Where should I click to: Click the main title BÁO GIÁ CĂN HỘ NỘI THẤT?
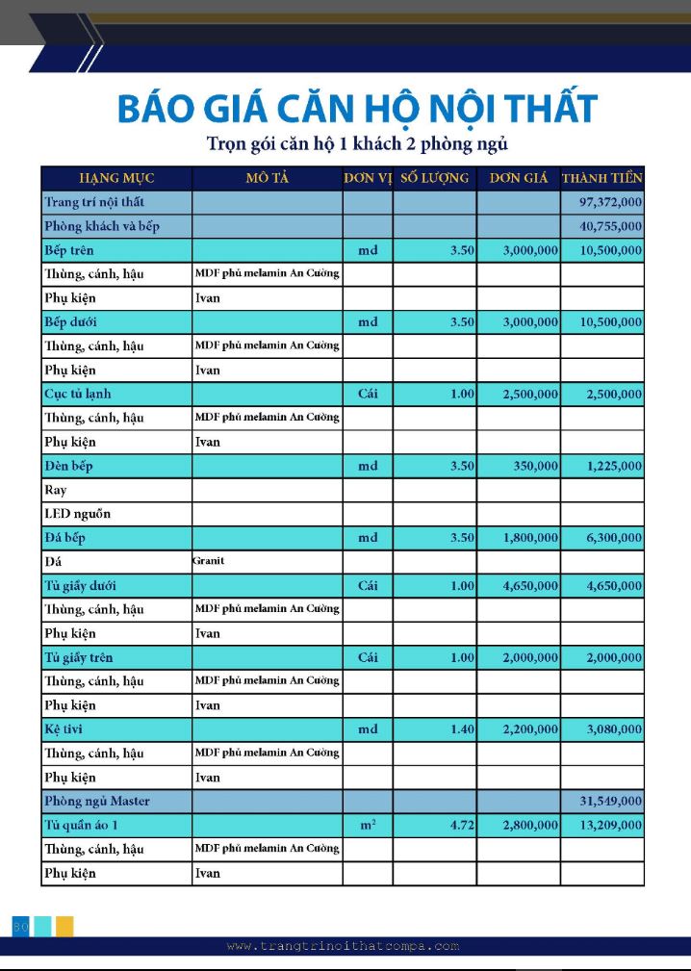point(357,108)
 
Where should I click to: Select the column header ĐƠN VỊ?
point(368,178)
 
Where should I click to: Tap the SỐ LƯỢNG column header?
point(434,178)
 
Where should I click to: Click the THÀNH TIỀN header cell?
point(602,178)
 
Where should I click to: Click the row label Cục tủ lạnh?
point(78,394)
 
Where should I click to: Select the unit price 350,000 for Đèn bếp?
point(536,466)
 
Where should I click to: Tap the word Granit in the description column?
point(208,561)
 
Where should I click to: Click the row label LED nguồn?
point(78,514)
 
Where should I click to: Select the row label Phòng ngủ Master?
point(97,801)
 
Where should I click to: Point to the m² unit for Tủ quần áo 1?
point(368,826)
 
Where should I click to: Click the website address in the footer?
point(344,946)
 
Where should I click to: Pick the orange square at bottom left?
point(64,926)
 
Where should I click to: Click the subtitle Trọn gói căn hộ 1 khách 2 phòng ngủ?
point(357,144)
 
